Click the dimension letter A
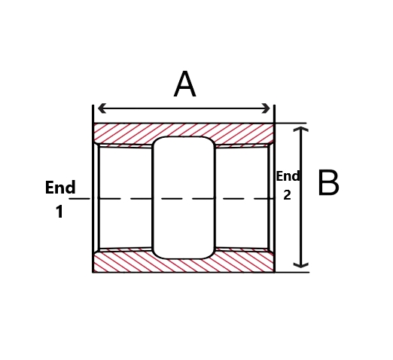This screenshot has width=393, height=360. point(184,84)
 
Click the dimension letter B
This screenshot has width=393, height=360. point(328,182)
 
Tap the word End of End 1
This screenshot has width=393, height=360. point(60,188)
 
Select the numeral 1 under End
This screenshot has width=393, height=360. point(59,212)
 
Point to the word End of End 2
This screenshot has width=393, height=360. point(288,175)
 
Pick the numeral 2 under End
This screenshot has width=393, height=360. point(287,195)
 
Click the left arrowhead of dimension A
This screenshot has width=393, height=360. point(101,108)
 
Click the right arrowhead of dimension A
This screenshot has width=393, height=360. point(266,108)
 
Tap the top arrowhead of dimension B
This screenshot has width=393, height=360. point(301,129)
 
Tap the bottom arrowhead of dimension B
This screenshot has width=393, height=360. point(301,265)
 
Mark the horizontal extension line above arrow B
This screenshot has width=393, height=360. point(291,123)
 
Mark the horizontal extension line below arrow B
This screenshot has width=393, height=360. point(292,272)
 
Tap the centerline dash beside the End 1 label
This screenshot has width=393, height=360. point(80,199)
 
